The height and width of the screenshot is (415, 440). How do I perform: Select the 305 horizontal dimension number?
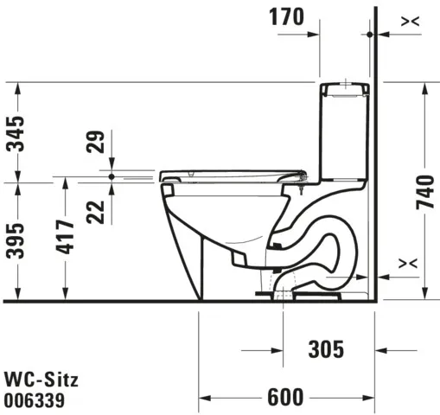[327, 349]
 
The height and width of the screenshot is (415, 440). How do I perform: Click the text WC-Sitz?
[41, 380]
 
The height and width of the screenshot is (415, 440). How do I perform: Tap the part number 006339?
[35, 400]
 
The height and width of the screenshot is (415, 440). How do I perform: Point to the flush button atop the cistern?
[347, 83]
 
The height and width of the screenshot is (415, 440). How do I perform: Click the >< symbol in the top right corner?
[411, 19]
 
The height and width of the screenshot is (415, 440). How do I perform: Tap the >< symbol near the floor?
[410, 261]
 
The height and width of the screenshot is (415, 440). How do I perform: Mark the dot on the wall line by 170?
[370, 34]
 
